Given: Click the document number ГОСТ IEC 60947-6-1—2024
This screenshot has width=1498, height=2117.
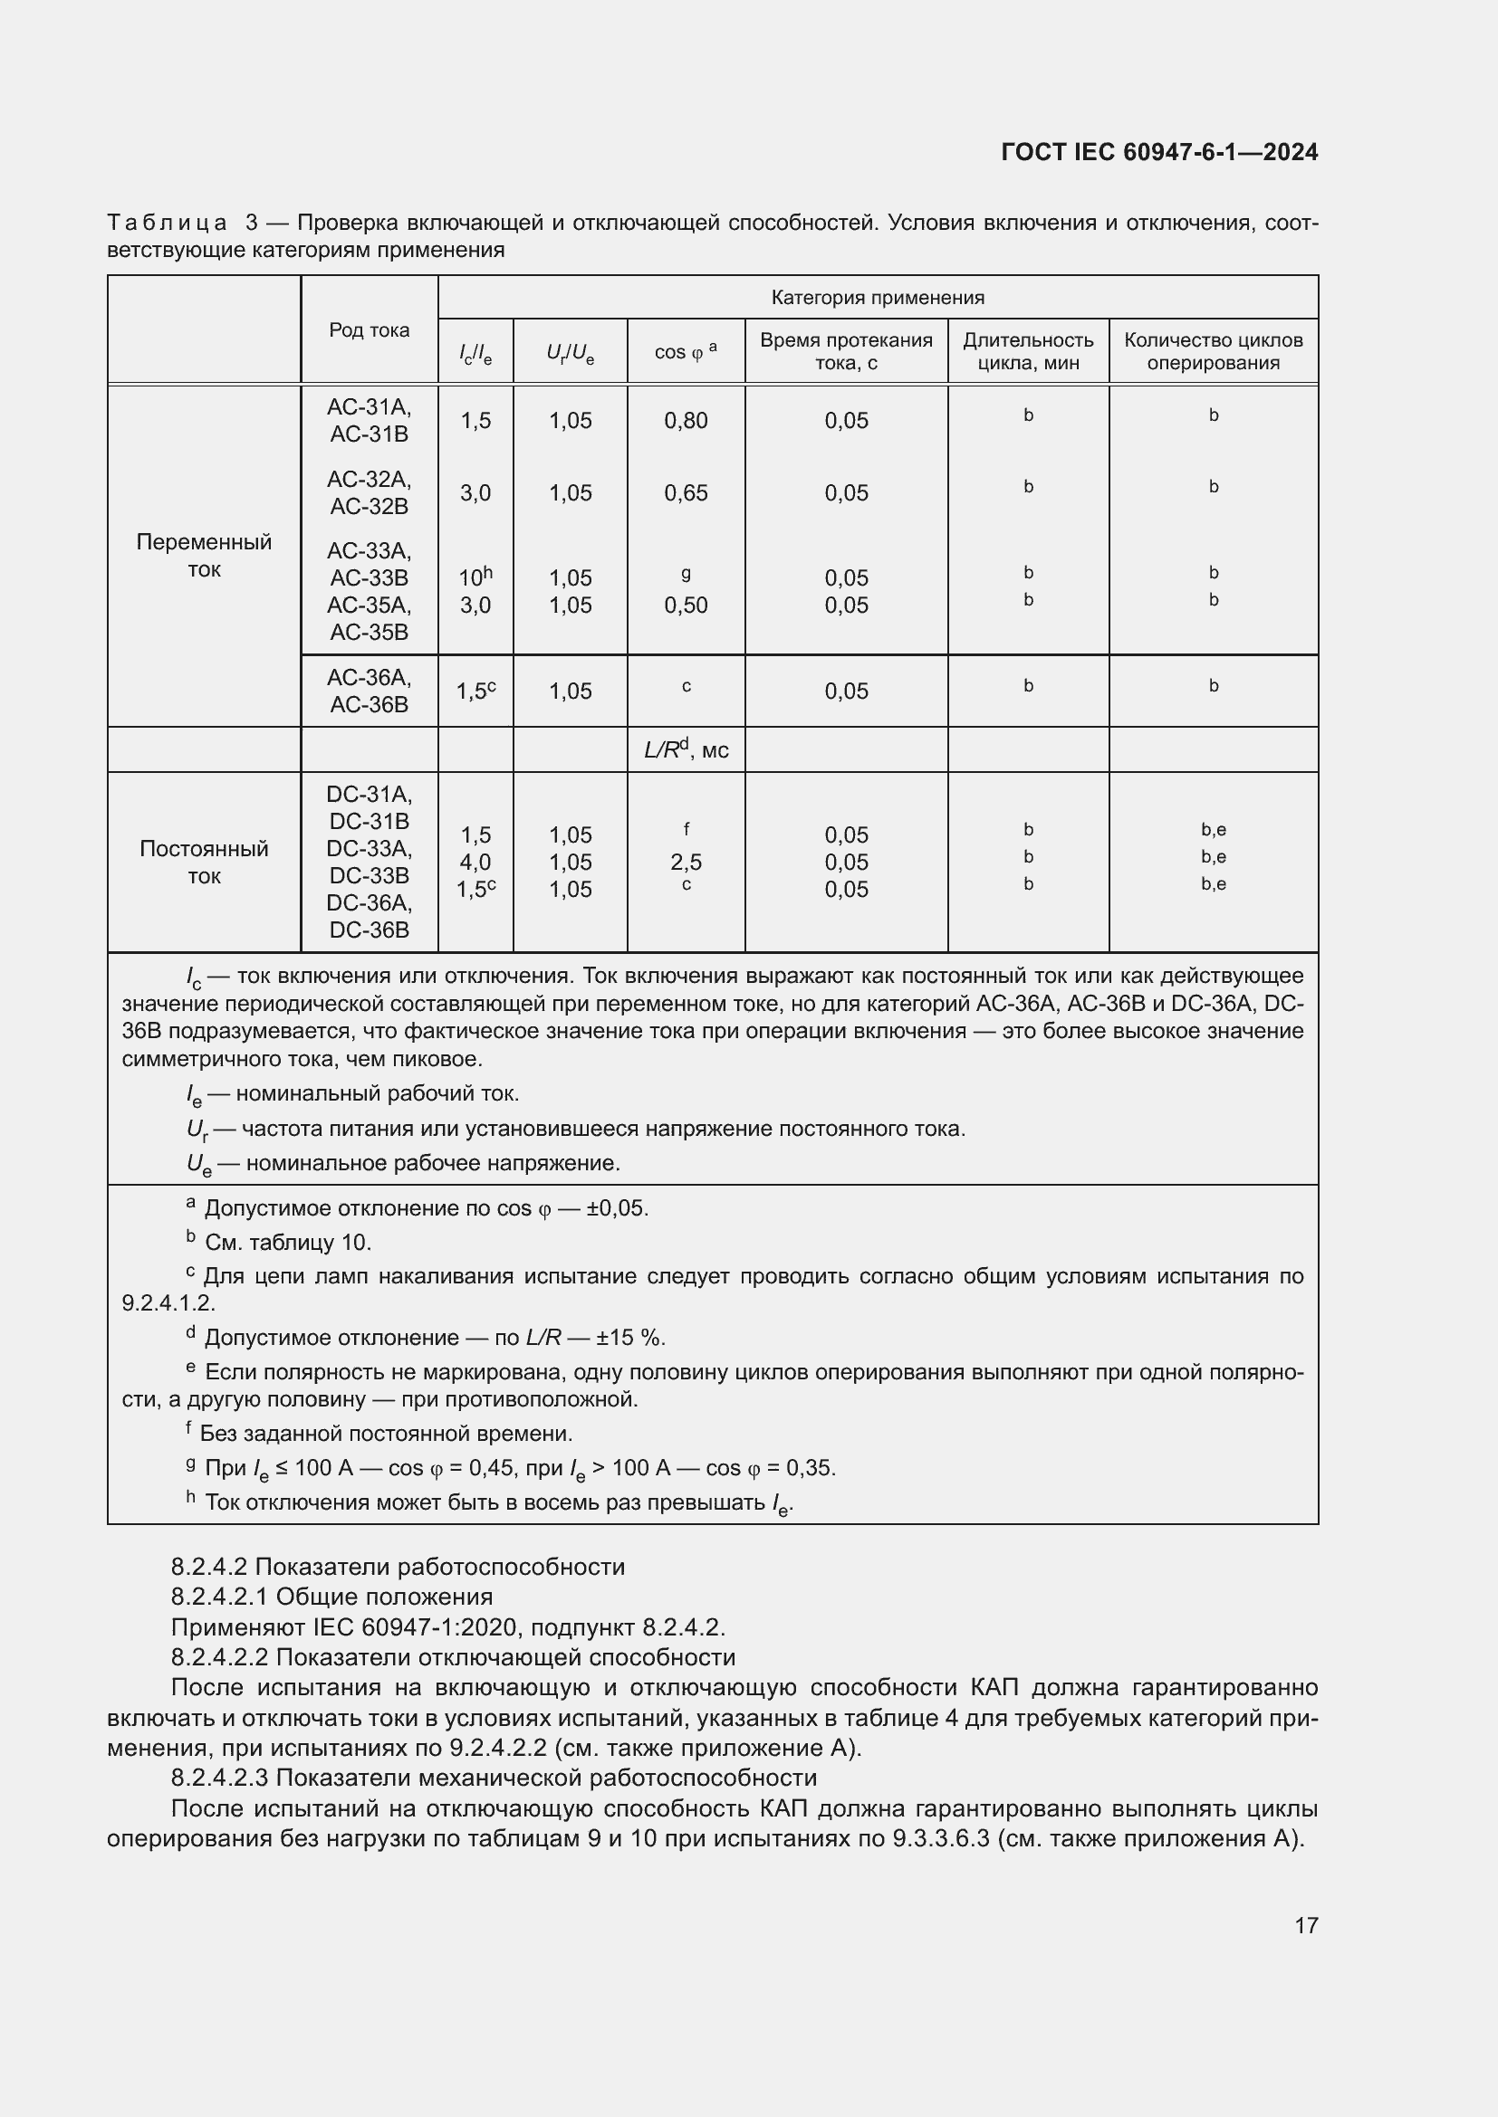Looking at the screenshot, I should point(1158,152).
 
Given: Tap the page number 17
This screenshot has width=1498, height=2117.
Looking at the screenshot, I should point(1305,1926).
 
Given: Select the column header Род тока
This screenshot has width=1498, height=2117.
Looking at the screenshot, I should point(369,330).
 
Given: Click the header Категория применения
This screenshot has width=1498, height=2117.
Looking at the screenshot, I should point(878,298).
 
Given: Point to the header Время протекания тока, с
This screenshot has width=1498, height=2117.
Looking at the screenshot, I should point(846,351).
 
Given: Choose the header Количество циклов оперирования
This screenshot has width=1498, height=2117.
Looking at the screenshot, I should point(1212,351).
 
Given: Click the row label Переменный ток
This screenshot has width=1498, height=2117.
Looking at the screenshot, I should point(204,555).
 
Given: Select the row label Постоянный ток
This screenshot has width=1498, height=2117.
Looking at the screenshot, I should point(204,863).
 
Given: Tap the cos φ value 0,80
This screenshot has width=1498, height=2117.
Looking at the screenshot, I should point(686,421).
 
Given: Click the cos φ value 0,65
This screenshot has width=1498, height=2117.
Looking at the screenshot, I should point(686,493).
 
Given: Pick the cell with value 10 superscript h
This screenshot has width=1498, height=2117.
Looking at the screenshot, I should point(475,577).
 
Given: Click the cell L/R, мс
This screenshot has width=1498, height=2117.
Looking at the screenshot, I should point(686,749).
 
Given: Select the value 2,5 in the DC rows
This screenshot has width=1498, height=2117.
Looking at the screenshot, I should point(686,863).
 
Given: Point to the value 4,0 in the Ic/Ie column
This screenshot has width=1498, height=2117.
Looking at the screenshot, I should point(475,863).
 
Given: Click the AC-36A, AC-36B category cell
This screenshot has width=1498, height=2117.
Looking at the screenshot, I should point(369,691).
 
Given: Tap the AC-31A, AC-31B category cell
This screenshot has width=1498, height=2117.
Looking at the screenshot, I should point(369,421).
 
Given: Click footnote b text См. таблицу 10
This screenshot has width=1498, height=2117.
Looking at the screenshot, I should point(288,1243).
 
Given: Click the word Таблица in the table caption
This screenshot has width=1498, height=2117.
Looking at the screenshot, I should point(167,224).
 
